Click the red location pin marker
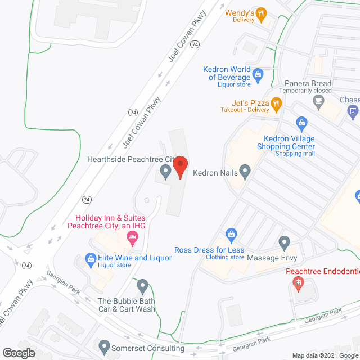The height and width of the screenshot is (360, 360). (180, 167)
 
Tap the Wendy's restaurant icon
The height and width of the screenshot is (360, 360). (260, 15)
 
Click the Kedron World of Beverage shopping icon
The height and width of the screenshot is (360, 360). (258, 73)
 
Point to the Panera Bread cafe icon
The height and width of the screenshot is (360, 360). (319, 102)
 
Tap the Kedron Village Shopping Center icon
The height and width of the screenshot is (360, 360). (301, 122)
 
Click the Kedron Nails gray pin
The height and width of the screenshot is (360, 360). (245, 170)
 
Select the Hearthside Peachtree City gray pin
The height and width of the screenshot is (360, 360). (165, 171)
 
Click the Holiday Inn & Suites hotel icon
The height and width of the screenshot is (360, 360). (132, 240)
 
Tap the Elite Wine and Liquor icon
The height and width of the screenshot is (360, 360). (89, 258)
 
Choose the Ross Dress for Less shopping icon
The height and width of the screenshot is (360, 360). (230, 233)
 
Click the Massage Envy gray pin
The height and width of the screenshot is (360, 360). (284, 243)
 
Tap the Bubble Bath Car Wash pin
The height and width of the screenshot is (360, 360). (143, 286)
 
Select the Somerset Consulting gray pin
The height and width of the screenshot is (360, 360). (103, 345)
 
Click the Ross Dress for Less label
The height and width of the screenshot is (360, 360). (209, 250)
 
